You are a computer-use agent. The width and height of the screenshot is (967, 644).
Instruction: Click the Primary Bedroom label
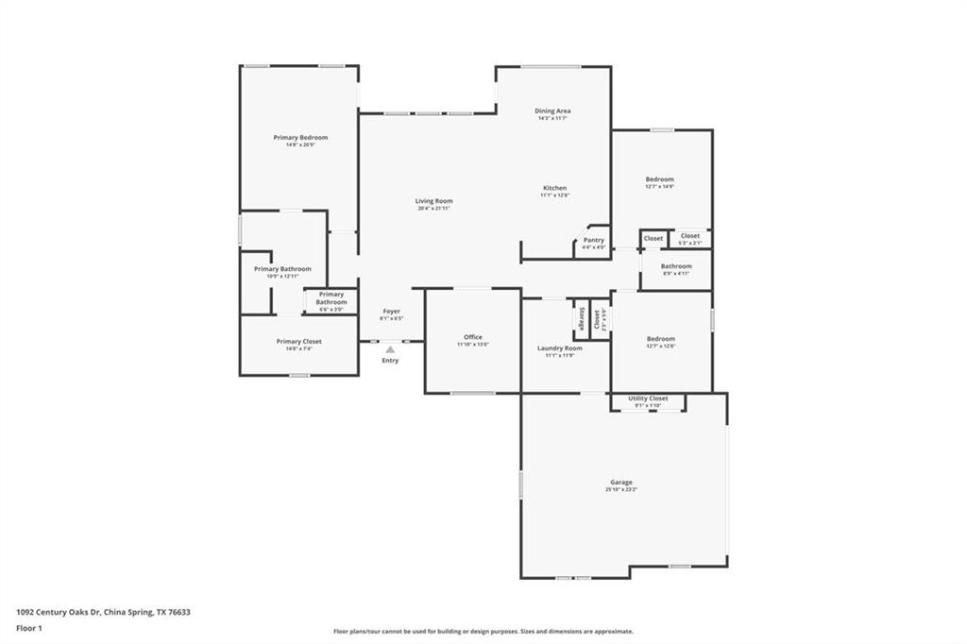[300, 138]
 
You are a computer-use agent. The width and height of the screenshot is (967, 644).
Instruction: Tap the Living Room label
[434, 201]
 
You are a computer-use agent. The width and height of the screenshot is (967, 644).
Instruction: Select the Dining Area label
[553, 111]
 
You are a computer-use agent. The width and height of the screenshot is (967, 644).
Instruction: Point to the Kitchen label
[554, 188]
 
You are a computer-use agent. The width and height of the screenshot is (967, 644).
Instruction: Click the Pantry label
[593, 241]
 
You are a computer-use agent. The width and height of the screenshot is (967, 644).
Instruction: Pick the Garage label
[620, 483]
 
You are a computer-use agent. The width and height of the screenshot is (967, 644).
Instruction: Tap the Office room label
[473, 337]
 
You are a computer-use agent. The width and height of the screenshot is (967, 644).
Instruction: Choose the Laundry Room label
[560, 348]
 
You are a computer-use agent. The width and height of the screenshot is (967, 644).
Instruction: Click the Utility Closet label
[648, 398]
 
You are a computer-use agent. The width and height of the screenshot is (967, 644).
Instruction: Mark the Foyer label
[391, 312]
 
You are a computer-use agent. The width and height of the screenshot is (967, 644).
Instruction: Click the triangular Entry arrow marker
[390, 349]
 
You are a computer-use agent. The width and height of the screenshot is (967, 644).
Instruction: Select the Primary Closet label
[298, 342]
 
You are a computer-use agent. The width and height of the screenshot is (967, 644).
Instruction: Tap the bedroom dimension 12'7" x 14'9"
[660, 187]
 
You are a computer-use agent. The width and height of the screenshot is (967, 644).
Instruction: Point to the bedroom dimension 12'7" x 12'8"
[660, 346]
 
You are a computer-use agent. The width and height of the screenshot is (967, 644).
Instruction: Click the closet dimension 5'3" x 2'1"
[690, 243]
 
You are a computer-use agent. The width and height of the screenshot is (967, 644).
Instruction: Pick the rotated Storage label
[582, 318]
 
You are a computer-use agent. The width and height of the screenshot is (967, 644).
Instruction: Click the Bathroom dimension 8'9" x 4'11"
[676, 274]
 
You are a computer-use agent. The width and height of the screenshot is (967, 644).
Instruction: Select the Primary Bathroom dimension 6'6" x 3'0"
[331, 309]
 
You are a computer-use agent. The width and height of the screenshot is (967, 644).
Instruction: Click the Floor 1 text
[29, 628]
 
